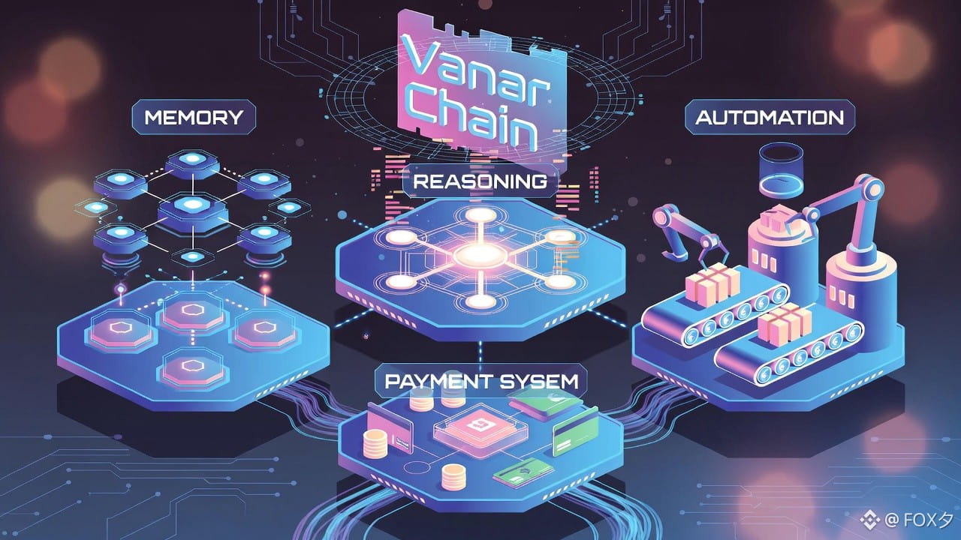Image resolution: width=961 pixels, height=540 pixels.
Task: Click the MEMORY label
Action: point(193,118)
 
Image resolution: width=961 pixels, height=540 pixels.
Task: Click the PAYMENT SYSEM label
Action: point(481,381)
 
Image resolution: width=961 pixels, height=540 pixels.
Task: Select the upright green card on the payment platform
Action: point(575,434)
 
